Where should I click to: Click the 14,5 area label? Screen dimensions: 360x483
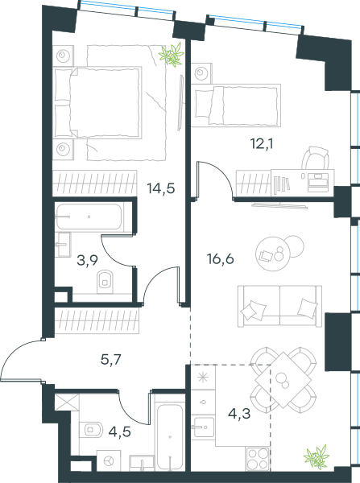click(x=161, y=188)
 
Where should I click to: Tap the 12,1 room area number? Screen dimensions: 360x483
click(x=263, y=144)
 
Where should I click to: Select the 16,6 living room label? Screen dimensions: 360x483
click(x=221, y=259)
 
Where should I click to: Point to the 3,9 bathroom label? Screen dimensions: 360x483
click(x=87, y=261)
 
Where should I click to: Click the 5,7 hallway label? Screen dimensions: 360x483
click(x=111, y=360)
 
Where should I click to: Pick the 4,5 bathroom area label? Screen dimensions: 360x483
click(x=120, y=431)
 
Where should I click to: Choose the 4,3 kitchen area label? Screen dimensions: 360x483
click(x=239, y=414)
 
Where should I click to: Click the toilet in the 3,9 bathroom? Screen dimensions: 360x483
click(x=106, y=282)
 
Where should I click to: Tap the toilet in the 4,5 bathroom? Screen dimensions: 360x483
click(x=91, y=429)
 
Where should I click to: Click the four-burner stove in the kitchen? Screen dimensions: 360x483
click(x=258, y=459)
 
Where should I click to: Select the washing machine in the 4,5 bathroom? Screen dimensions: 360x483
click(x=109, y=460)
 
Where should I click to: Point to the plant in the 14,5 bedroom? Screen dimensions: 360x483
click(x=172, y=55)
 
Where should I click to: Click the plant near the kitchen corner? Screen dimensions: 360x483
click(x=317, y=457)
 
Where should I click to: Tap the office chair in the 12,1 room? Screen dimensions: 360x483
click(x=315, y=158)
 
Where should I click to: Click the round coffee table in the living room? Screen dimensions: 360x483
click(x=273, y=254)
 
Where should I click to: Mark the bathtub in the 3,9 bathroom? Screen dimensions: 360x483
click(x=89, y=217)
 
